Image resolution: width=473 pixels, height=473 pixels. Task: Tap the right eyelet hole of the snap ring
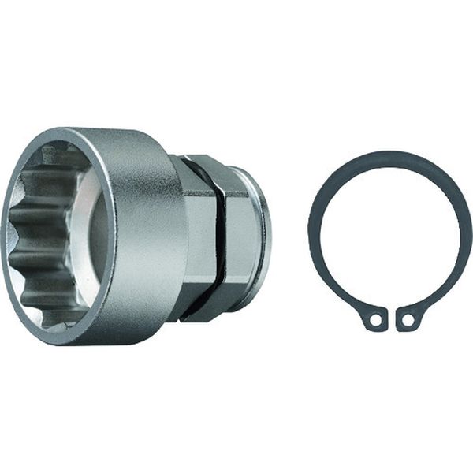[x=407, y=320]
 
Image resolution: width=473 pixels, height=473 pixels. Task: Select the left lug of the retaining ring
[x=374, y=318]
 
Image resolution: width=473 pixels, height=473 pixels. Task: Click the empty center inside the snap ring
[x=389, y=236]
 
